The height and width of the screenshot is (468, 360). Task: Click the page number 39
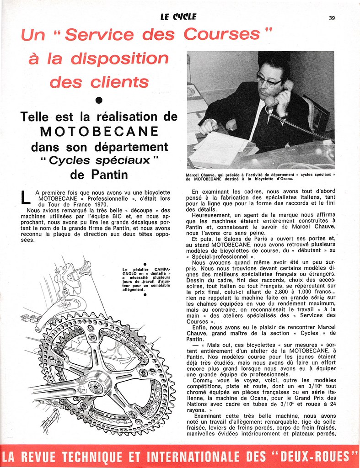(332, 18)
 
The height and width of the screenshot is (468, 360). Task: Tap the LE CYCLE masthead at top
(178, 17)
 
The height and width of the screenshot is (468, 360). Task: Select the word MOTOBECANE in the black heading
(99, 132)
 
